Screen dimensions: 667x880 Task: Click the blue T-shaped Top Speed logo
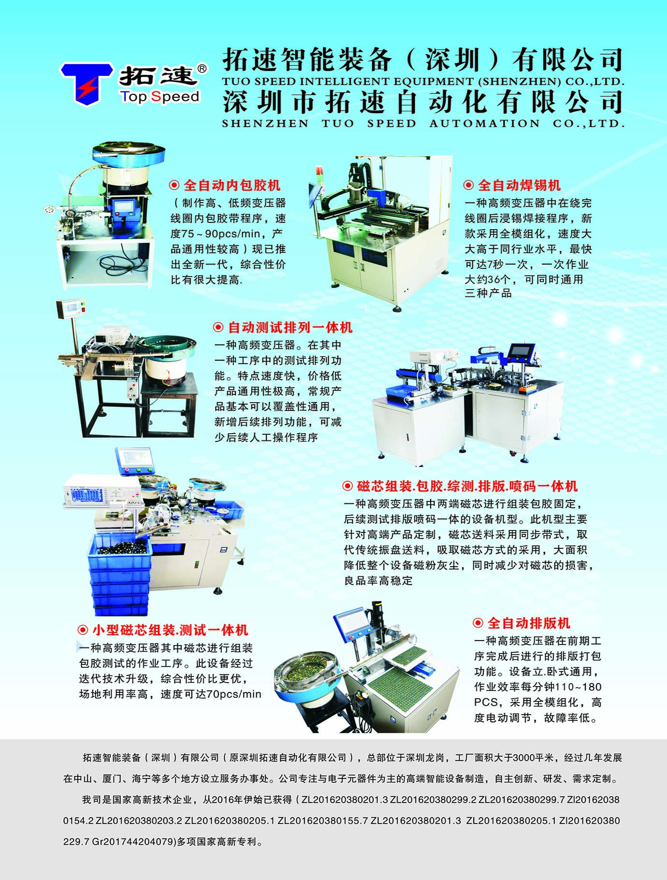[x=87, y=84]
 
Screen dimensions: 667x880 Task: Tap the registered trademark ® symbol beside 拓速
[x=203, y=68]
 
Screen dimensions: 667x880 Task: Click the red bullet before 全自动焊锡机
[x=468, y=185]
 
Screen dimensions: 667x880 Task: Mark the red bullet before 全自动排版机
[x=478, y=623]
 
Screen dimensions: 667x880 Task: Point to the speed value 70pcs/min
[x=233, y=694]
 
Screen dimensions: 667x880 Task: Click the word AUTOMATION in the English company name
[x=484, y=123]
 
